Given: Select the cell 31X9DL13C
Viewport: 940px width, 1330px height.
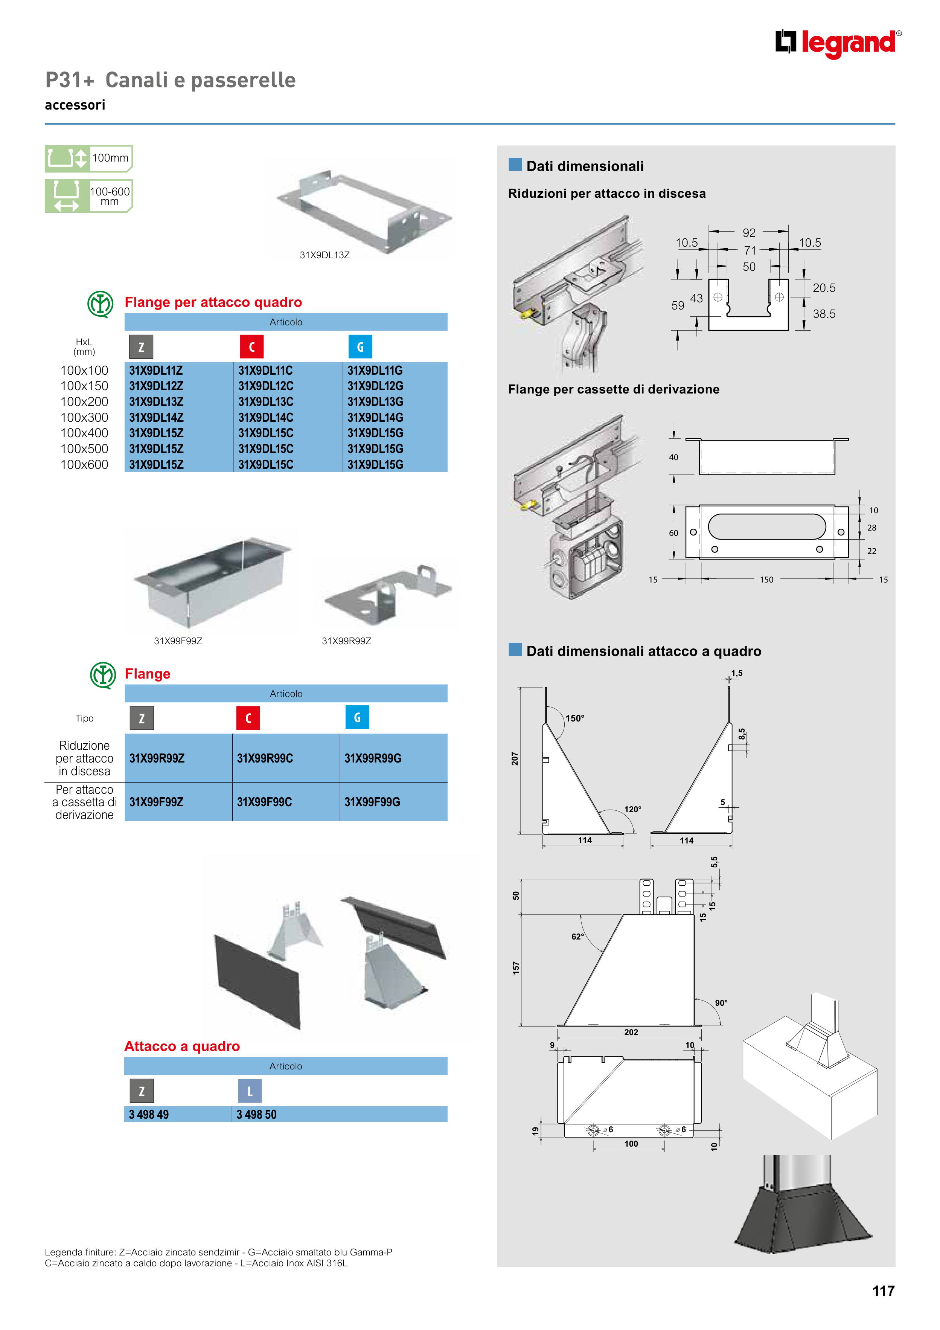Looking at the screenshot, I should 266,401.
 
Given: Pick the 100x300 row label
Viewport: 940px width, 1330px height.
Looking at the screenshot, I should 85,417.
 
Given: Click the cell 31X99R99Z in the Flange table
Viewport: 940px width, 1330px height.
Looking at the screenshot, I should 157,758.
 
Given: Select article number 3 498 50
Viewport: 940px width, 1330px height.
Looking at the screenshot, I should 257,1115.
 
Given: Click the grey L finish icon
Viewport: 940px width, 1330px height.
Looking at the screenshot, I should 250,1091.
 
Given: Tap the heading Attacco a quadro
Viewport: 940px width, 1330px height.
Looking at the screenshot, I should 182,1046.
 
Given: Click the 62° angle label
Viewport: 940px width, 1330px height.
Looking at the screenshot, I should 577,936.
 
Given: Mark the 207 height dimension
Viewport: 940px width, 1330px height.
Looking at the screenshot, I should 514,759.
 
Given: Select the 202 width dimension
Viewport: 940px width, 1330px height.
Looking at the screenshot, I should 631,1032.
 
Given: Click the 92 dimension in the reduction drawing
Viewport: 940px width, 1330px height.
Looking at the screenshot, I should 749,233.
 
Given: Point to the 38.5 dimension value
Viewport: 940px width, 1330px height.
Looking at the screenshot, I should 824,314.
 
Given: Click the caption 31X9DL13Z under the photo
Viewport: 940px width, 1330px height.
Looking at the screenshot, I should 325,255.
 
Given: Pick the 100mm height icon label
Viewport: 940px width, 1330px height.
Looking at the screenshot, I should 110,157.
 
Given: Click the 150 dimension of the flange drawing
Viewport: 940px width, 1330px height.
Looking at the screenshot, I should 766,579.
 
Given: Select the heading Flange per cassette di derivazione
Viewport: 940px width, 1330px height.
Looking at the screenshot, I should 613,389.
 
